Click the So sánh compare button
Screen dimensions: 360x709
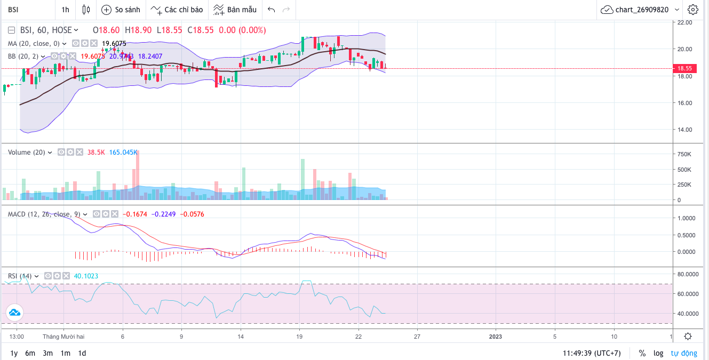(x=121, y=10)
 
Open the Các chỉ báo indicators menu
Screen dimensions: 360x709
(x=177, y=10)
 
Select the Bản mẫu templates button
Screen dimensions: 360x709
(x=235, y=10)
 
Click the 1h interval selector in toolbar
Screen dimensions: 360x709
(x=65, y=10)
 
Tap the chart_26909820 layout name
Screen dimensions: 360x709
(x=641, y=10)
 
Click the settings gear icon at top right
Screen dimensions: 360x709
(x=693, y=10)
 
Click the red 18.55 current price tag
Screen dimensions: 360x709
(x=684, y=68)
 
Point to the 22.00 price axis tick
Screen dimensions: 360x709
(x=684, y=22)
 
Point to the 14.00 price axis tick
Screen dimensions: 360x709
(x=684, y=130)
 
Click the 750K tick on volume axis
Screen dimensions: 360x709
(x=684, y=155)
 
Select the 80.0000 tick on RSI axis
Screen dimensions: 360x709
(x=687, y=275)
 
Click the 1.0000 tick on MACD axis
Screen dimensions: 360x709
(x=687, y=218)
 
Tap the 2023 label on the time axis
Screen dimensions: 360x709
(x=496, y=337)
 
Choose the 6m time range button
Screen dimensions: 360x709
(x=30, y=353)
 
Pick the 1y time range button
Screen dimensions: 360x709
(x=14, y=353)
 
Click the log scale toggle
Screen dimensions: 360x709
(x=658, y=353)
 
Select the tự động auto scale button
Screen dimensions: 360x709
(x=684, y=353)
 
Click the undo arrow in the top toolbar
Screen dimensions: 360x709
(x=272, y=10)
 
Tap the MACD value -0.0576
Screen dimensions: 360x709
(x=193, y=214)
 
